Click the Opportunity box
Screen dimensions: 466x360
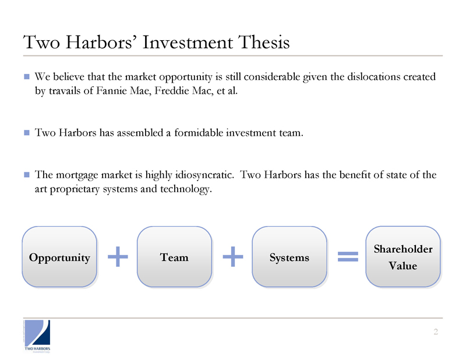coord(59,257)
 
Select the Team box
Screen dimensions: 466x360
coord(174,257)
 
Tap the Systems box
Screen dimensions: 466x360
coord(290,257)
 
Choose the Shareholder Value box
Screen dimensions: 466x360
coord(403,257)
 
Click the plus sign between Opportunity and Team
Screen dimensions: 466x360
coord(118,256)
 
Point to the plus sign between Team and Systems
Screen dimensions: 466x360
coord(232,256)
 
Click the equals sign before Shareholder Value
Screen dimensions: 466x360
coord(348,256)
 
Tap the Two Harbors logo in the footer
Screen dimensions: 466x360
coord(37,336)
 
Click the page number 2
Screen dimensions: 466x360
coord(436,332)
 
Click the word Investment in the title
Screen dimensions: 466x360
coord(188,42)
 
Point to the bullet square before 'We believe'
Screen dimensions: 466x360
coord(27,77)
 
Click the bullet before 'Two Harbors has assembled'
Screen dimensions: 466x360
coord(27,133)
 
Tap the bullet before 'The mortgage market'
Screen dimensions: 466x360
coord(27,175)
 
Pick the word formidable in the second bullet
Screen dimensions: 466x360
coord(199,133)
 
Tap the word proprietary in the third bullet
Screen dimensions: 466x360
coord(75,189)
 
